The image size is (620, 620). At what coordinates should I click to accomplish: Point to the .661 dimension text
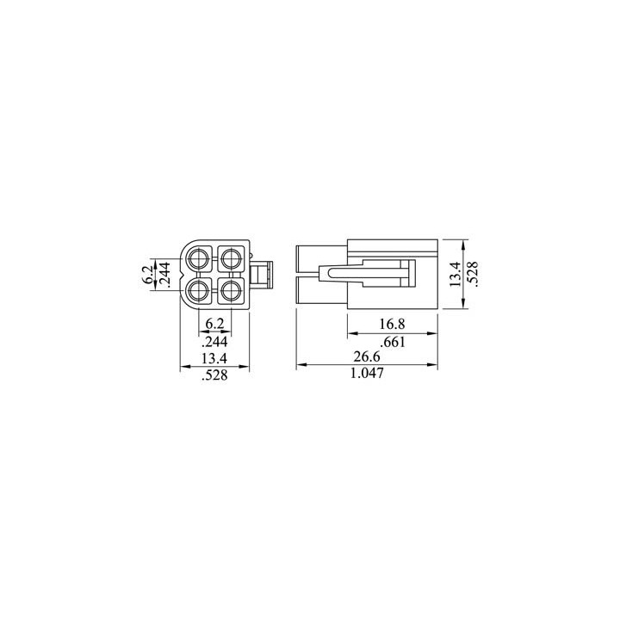(391, 342)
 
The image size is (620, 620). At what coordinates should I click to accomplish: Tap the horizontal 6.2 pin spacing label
(215, 325)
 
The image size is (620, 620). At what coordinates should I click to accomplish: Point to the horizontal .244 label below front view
(215, 341)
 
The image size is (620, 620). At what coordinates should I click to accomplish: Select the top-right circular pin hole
(231, 257)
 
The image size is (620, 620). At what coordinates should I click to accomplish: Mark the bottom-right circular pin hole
(231, 289)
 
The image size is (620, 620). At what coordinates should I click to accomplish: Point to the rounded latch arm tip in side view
(322, 273)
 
